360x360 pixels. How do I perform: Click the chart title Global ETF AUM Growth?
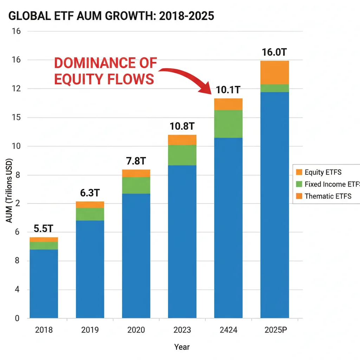tap(111, 16)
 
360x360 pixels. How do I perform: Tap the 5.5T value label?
tap(44, 229)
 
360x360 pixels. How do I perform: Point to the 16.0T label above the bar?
tap(275, 52)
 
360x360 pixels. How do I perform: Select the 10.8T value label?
tap(182, 126)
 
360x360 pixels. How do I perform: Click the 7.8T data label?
tap(136, 161)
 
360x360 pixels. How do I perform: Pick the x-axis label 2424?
tap(228, 330)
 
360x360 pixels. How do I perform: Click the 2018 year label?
tap(44, 330)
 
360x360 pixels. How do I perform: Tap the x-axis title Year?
tap(182, 347)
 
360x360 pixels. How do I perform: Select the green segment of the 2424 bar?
tap(228, 124)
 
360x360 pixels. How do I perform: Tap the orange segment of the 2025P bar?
tap(275, 72)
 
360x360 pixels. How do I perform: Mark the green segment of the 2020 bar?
tap(136, 185)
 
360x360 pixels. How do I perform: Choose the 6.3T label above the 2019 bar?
tap(90, 193)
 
